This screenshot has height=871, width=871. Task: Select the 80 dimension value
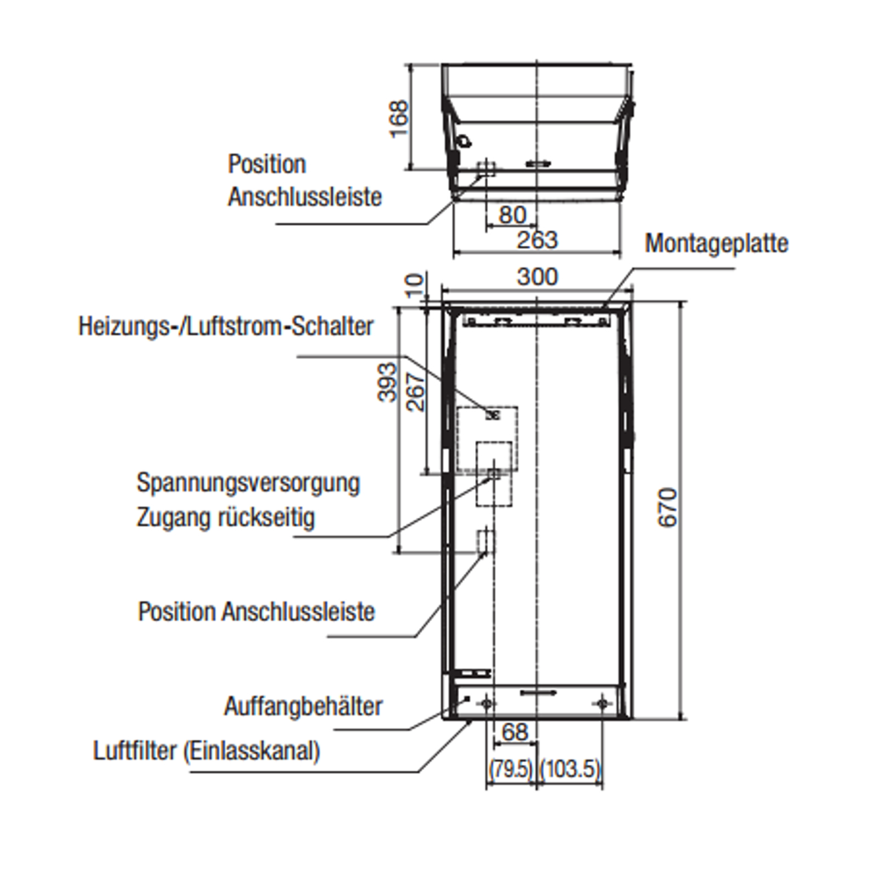point(513,215)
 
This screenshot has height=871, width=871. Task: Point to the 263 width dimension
point(537,239)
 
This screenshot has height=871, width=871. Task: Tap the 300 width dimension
point(537,276)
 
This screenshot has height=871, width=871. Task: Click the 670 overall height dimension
point(668,508)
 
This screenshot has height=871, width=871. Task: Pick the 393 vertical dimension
point(387,383)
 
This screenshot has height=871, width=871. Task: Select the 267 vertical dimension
point(415,392)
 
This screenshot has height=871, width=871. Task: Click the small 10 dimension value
point(416,285)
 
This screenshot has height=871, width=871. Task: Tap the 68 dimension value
point(515,732)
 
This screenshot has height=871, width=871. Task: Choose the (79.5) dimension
point(511,768)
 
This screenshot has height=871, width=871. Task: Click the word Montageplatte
point(716,243)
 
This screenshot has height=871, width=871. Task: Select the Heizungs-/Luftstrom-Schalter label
point(226,326)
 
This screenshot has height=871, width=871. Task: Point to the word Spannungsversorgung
point(248,482)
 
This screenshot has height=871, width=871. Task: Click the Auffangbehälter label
point(303,706)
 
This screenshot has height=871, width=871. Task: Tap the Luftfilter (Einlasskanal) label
point(206,750)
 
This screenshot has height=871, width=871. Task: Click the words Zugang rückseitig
point(225,517)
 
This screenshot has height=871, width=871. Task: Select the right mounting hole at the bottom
point(602,703)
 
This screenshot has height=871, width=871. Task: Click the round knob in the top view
point(464,141)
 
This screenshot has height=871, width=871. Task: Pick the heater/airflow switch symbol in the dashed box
point(492,415)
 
